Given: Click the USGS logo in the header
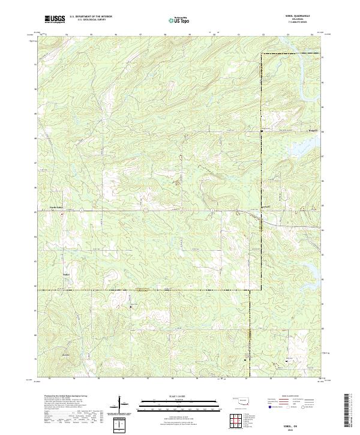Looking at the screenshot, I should tap(55, 19).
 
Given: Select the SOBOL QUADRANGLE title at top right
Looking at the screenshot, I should tap(295, 16).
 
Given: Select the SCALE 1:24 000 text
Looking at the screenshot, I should tap(173, 395).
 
